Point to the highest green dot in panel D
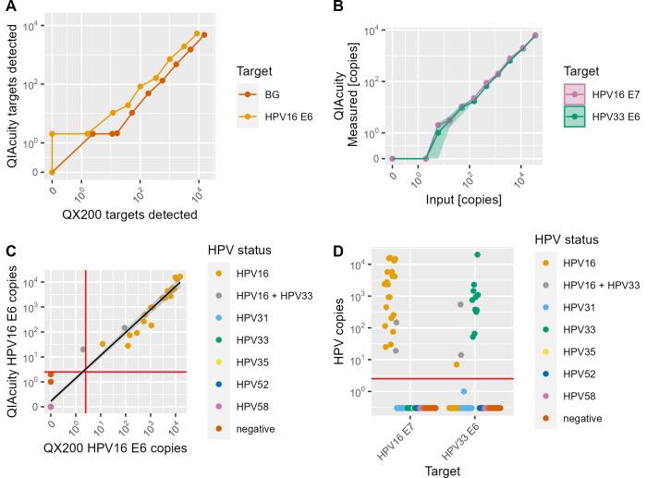point(477,254)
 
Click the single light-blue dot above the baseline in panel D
point(464,391)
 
